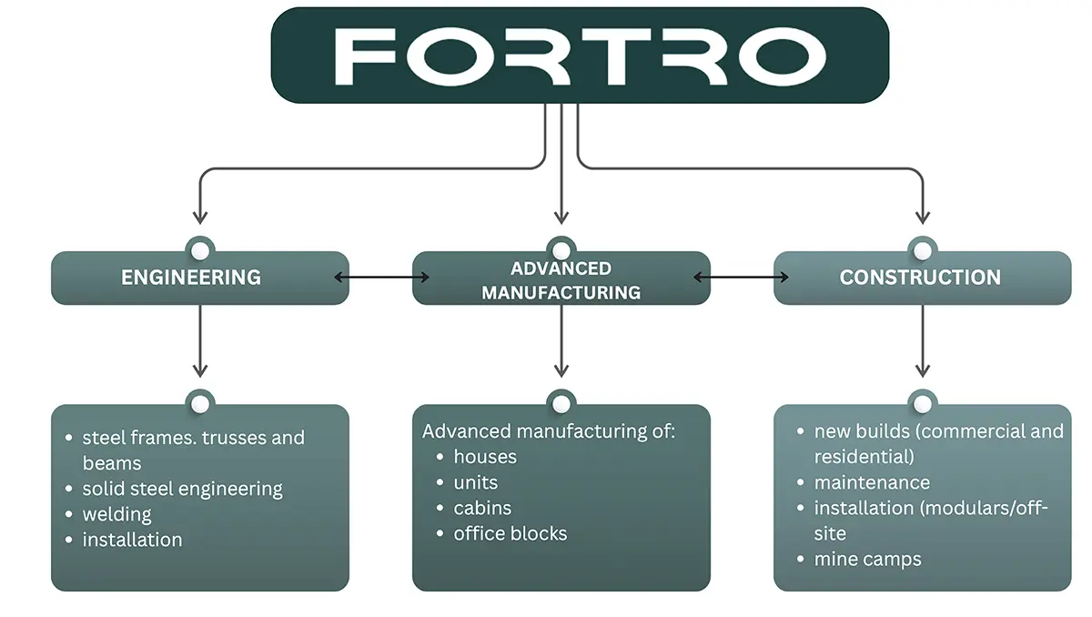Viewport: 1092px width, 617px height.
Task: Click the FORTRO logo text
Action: (x=581, y=56)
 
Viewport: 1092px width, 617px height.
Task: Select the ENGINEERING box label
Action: (x=191, y=278)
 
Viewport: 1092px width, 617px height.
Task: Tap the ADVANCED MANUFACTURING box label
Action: (x=561, y=280)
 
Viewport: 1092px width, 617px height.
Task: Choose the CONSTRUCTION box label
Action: (x=920, y=278)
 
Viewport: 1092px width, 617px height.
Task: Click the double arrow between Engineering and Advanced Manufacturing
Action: (x=381, y=278)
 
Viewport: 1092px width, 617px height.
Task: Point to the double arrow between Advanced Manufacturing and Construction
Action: (x=741, y=278)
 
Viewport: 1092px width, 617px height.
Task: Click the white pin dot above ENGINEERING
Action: (x=200, y=251)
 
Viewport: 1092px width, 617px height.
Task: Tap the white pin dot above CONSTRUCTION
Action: (x=923, y=251)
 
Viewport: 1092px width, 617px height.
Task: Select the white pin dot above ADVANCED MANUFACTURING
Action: (x=561, y=251)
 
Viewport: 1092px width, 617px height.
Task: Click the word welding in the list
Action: (x=117, y=515)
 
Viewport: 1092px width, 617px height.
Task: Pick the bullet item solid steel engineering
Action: (x=182, y=489)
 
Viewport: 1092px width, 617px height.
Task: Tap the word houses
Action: (x=485, y=457)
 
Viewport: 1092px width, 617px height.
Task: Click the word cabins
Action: (x=482, y=508)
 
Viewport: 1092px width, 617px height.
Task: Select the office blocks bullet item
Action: (x=511, y=533)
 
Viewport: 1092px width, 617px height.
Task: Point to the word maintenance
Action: (x=872, y=482)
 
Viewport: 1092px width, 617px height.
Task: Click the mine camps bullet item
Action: (x=868, y=560)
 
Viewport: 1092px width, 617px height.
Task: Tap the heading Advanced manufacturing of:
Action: (x=549, y=431)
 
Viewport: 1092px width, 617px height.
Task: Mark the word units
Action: (x=476, y=482)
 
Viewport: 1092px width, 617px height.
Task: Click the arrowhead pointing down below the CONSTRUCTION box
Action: (x=923, y=370)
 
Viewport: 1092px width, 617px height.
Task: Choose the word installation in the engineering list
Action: (x=132, y=540)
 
